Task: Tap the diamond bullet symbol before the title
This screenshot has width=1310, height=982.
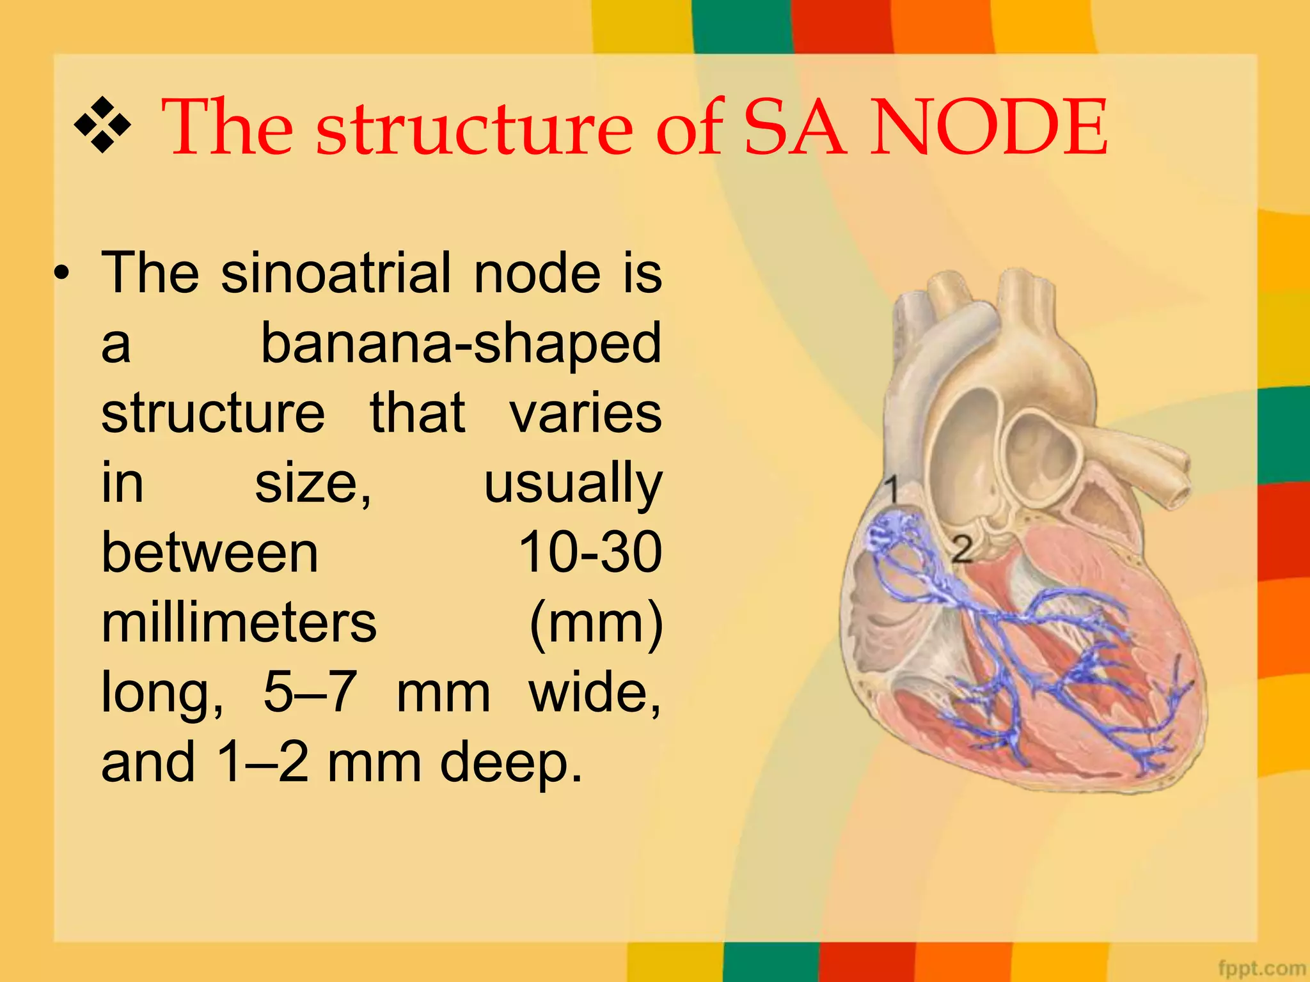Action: [102, 124]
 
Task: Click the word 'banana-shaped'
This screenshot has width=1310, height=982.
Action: [461, 343]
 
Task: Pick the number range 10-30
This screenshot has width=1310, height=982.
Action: [590, 552]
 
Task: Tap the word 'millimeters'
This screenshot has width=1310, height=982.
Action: [239, 623]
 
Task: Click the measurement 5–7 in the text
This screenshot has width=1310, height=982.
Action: [310, 692]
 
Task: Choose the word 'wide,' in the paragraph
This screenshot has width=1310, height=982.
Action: [595, 692]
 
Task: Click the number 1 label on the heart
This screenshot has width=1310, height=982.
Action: [892, 490]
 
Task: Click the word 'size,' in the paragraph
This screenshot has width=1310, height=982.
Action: [313, 483]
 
